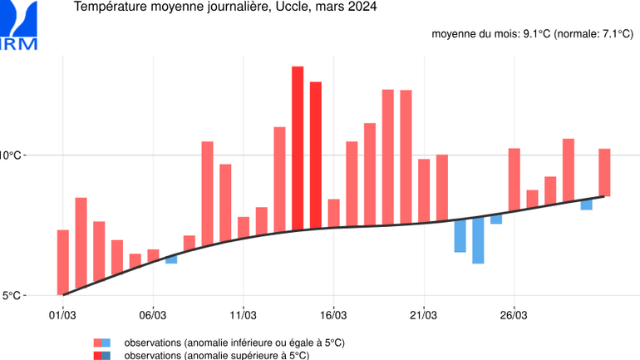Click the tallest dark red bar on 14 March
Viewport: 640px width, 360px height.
click(x=297, y=147)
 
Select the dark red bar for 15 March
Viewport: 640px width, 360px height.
click(x=315, y=155)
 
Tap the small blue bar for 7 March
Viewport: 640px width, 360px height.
click(x=171, y=259)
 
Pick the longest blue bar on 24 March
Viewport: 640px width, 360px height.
click(x=478, y=240)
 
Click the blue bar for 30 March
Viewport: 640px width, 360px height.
click(x=586, y=205)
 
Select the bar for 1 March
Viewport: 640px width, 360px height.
click(x=63, y=262)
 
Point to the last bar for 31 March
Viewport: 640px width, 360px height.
click(x=604, y=173)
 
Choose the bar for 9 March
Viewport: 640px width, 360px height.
click(x=207, y=190)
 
